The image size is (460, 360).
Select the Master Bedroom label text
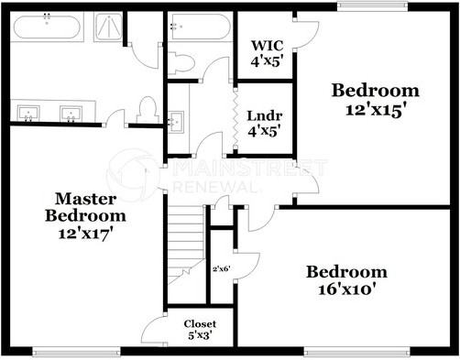[86, 207]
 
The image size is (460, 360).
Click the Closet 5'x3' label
[200, 330]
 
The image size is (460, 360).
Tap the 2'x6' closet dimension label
[222, 268]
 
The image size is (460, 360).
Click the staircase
[185, 238]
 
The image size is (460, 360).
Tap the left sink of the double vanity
[29, 114]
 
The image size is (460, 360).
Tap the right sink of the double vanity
[71, 114]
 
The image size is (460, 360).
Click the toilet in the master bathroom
[145, 110]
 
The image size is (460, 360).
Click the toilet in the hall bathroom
[182, 62]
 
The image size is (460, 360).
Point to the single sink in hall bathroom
[177, 120]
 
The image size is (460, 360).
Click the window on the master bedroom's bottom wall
[76, 351]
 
